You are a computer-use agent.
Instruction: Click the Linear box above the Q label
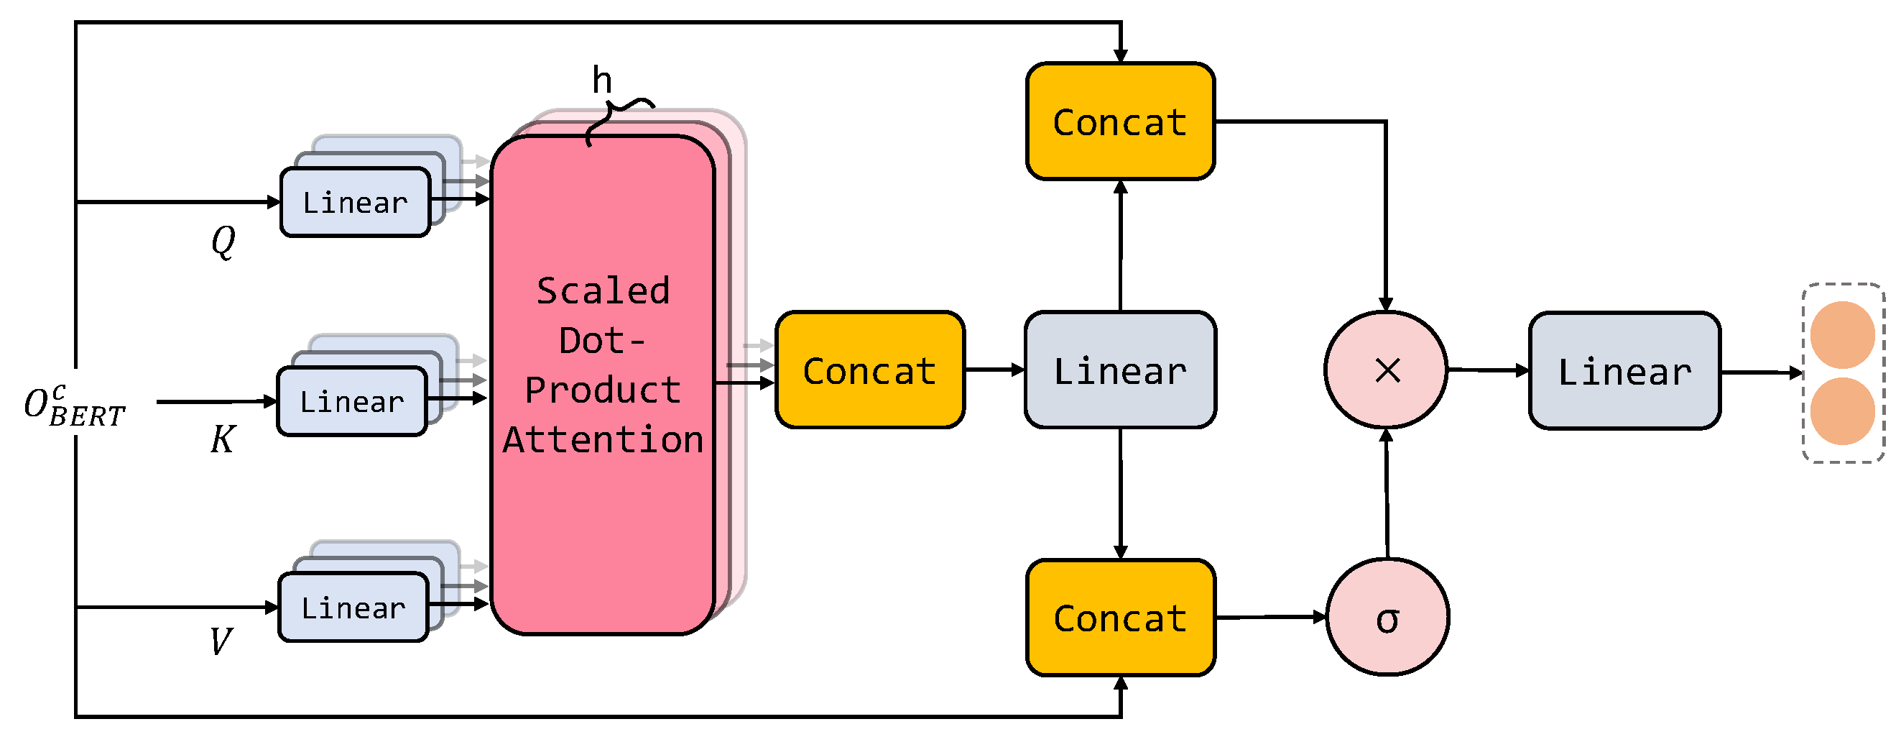click(x=355, y=202)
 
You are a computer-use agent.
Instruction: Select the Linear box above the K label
click(x=352, y=402)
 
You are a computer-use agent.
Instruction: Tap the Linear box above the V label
click(x=353, y=608)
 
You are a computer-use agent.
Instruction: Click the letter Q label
click(x=223, y=241)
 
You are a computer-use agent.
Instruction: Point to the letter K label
click(x=222, y=440)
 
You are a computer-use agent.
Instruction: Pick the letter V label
click(x=221, y=641)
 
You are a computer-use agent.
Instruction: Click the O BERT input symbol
click(x=74, y=407)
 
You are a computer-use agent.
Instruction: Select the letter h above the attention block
click(x=602, y=80)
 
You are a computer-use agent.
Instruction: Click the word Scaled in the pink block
click(x=603, y=291)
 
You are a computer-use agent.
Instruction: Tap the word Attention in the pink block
click(x=603, y=440)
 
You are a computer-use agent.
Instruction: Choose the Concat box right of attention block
click(x=869, y=370)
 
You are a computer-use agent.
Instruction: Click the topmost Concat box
click(x=1119, y=122)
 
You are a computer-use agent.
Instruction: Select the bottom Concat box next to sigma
click(x=1119, y=618)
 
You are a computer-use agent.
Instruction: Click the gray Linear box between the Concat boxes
click(x=1119, y=370)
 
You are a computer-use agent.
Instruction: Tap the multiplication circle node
click(x=1386, y=370)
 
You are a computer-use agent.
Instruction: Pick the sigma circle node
click(x=1387, y=618)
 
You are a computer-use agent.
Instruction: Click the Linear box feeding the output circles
click(x=1624, y=371)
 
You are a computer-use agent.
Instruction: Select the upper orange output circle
click(x=1842, y=335)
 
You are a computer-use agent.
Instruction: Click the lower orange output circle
click(x=1842, y=411)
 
